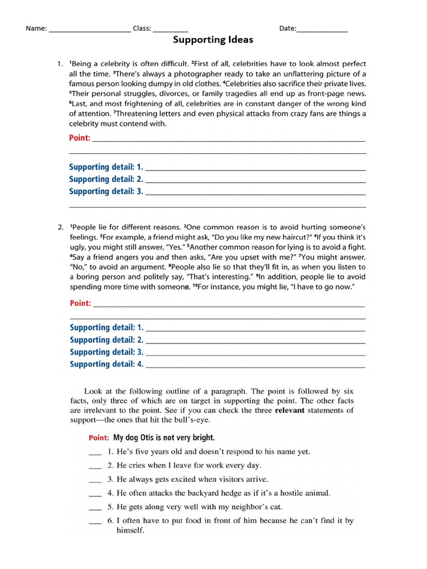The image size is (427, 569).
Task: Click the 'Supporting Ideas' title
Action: coord(213,40)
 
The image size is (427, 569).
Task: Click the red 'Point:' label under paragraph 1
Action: coord(80,138)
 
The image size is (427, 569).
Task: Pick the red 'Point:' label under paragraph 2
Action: coord(80,303)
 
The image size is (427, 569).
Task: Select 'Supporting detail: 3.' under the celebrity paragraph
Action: coord(106,191)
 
